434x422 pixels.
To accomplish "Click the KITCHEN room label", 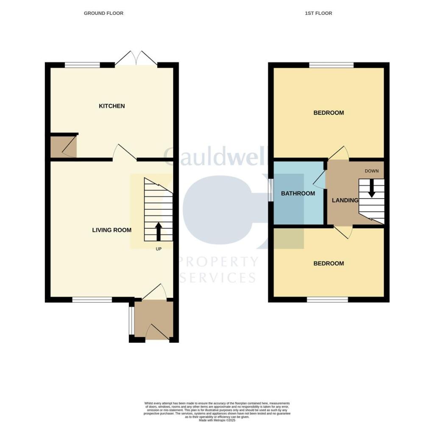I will click(112, 106).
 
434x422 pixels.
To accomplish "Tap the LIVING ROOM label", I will click(112, 230).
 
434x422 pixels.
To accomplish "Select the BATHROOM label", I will click(298, 193).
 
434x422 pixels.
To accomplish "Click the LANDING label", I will click(345, 200).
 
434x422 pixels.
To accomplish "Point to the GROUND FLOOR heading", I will click(103, 13).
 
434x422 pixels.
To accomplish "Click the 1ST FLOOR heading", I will click(318, 13).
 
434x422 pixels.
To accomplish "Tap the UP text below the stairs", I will click(159, 249).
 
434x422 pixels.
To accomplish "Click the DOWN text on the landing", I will click(371, 171).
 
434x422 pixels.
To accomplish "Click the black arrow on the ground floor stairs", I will click(159, 232).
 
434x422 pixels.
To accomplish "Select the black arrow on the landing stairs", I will click(372, 188).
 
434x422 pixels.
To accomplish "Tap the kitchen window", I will click(82, 65).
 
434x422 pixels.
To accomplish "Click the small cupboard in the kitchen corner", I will click(64, 147).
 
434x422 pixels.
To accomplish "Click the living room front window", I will click(92, 300).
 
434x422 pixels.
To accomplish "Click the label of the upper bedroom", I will click(328, 113).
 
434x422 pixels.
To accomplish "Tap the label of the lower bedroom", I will click(328, 263).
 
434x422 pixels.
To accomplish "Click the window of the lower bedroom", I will click(327, 300).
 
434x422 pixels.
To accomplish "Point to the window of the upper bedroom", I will click(331, 65).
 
